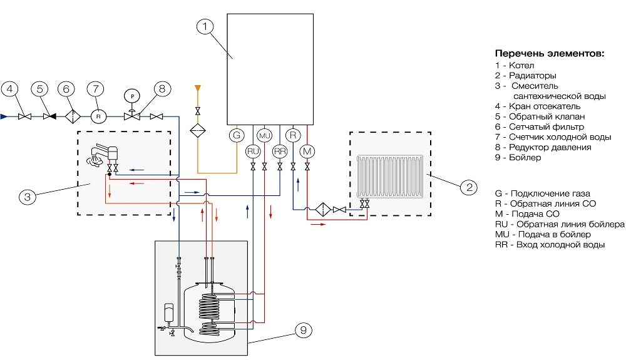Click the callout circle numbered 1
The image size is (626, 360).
click(x=206, y=27)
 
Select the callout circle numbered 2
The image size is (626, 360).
click(x=467, y=186)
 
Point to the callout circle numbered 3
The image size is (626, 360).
click(x=27, y=197)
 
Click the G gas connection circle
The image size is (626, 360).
click(x=236, y=135)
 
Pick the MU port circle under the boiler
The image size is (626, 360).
click(x=264, y=135)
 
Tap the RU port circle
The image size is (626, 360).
click(x=252, y=151)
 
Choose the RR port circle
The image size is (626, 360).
click(x=280, y=151)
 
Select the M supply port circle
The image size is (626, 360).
click(x=307, y=151)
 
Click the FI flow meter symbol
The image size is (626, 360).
click(x=98, y=116)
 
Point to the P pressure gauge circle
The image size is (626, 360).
click(x=133, y=95)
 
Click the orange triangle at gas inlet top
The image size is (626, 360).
click(x=198, y=87)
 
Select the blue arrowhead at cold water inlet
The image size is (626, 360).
click(x=4, y=116)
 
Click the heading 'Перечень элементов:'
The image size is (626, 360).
click(x=550, y=53)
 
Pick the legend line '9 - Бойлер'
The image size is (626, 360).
click(x=518, y=158)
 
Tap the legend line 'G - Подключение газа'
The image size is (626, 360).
click(x=542, y=193)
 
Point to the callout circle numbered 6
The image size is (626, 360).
click(x=67, y=89)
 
